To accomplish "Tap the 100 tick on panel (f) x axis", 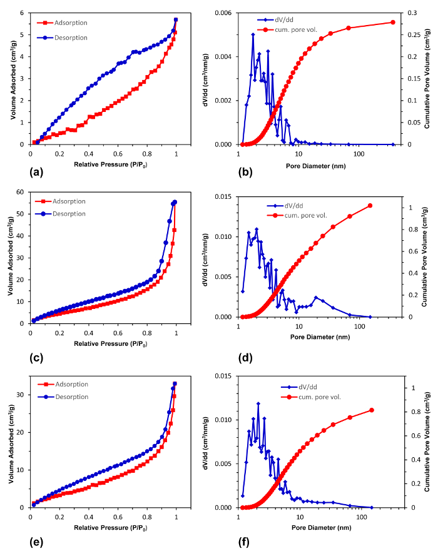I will [359, 517].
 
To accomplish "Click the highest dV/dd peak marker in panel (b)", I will [253, 34].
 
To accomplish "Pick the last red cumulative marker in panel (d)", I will [370, 206].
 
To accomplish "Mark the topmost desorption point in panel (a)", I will [176, 19].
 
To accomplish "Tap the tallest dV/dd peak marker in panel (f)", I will [258, 403].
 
